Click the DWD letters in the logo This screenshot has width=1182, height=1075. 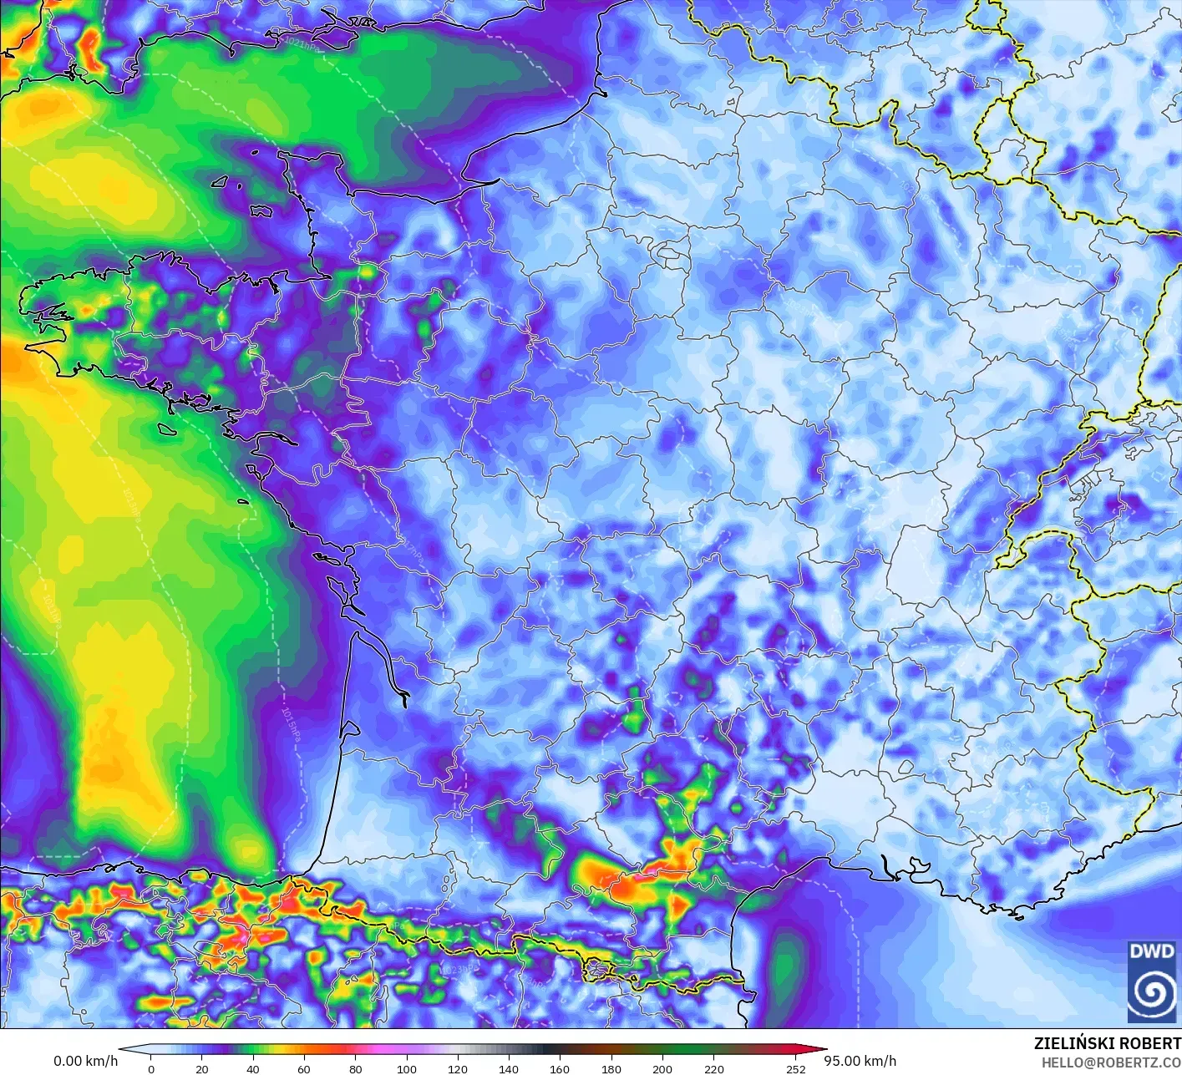click(1152, 951)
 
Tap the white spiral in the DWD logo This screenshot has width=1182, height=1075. click(1152, 993)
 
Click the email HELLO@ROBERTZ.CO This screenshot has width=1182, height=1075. click(1111, 1062)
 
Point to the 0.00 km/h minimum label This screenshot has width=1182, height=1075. click(85, 1061)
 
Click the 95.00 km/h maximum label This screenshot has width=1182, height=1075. click(860, 1061)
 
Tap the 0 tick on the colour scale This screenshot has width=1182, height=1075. click(151, 1068)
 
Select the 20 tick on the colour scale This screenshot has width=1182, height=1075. click(202, 1068)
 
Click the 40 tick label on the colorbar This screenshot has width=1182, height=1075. click(253, 1068)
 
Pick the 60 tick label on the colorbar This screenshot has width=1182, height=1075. click(304, 1068)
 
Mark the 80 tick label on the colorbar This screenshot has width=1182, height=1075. click(356, 1068)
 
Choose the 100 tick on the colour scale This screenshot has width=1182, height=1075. click(407, 1068)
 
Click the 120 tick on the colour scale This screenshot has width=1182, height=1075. click(458, 1068)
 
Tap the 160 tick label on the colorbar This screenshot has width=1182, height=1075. click(560, 1068)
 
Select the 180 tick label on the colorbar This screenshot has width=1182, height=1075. click(611, 1068)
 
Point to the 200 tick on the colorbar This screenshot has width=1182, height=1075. click(662, 1068)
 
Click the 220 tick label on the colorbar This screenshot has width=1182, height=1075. click(713, 1068)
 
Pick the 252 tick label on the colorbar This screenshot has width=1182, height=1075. click(796, 1068)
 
